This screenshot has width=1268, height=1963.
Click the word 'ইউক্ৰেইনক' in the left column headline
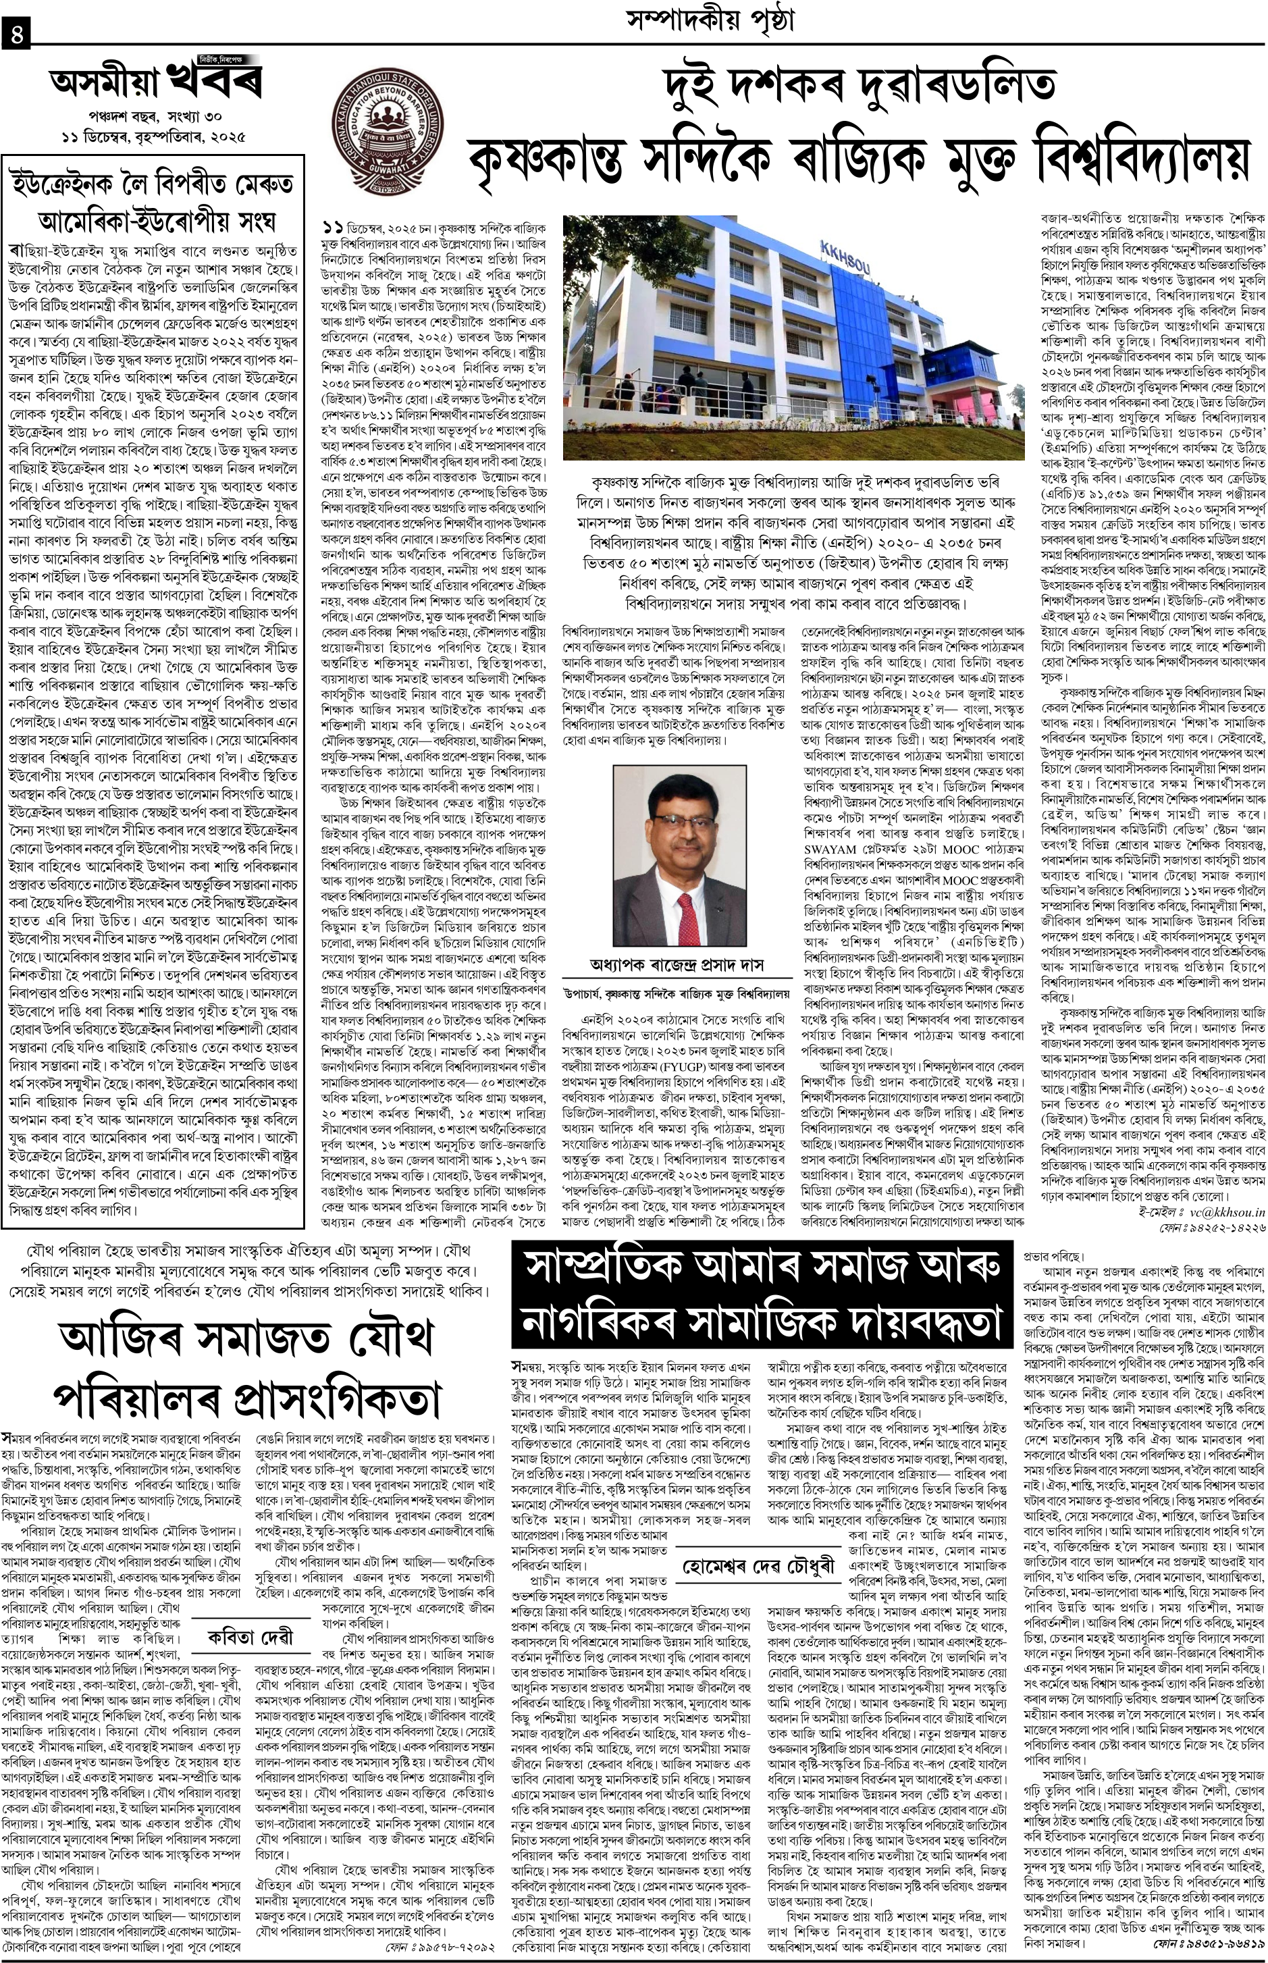(75, 181)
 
